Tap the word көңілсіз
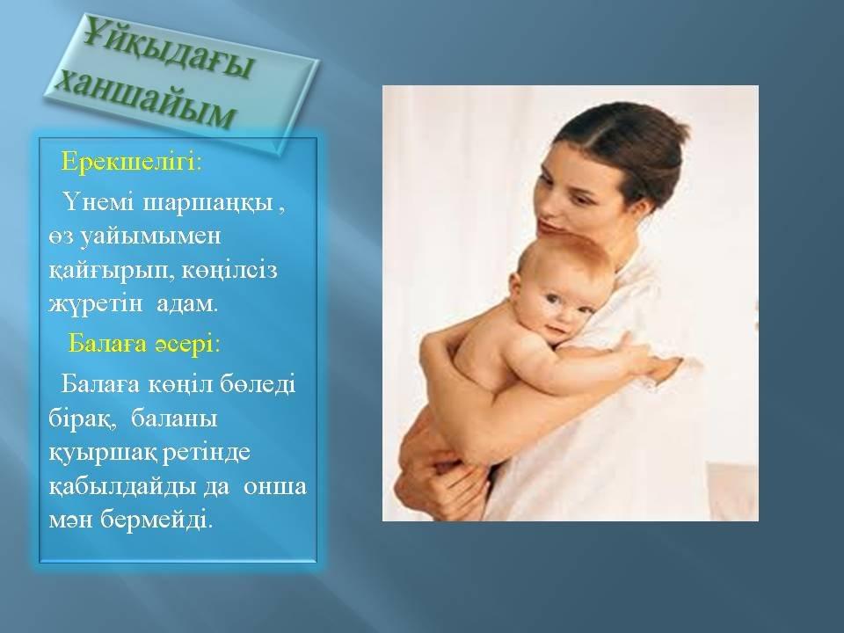click(229, 270)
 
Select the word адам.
click(187, 304)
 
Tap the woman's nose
click(546, 212)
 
